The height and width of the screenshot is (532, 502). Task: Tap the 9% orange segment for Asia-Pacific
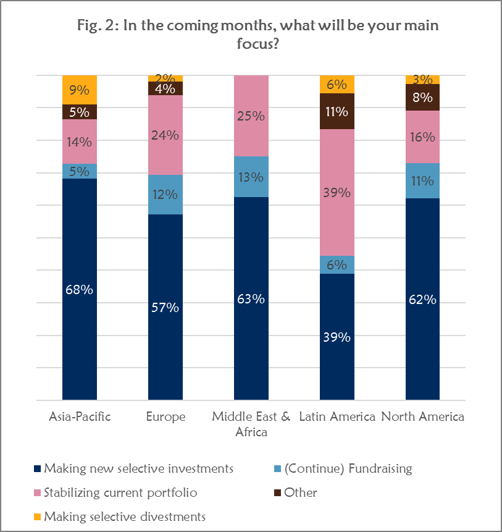point(80,90)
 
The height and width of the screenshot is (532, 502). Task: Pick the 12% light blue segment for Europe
point(165,195)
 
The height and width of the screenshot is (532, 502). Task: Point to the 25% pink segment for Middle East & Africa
point(251,116)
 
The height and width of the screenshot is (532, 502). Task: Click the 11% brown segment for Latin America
point(337,112)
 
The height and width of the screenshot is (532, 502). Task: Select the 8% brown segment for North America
point(423,97)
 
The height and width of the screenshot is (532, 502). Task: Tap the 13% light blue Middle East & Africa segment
point(251,177)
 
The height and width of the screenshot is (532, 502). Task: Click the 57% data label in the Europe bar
point(165,307)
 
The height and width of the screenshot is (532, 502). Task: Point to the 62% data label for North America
point(423,300)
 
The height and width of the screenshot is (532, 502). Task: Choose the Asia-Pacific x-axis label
point(80,416)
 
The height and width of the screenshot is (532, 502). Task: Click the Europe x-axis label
point(165,416)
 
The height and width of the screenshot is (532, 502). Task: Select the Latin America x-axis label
point(337,416)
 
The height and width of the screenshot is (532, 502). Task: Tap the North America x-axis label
point(423,416)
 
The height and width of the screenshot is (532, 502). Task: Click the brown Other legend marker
point(277,493)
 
